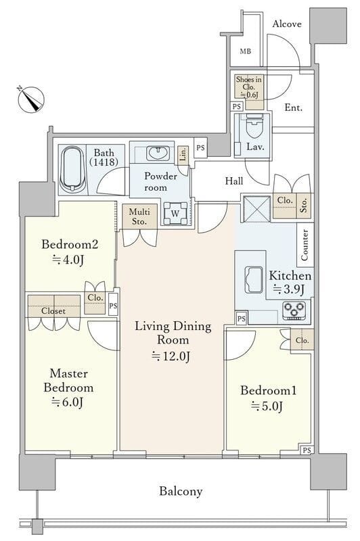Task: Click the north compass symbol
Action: tap(30, 99)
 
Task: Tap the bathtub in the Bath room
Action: tap(72, 168)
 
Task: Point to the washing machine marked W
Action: tap(175, 213)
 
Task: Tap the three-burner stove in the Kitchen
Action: tap(294, 310)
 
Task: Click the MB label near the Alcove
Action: tap(246, 52)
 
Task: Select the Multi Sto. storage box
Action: tap(140, 216)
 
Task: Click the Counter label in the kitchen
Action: tap(305, 245)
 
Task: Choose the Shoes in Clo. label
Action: tap(248, 87)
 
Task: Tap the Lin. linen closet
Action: tap(183, 154)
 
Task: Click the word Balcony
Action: tap(181, 491)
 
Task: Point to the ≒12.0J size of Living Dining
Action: tap(171, 356)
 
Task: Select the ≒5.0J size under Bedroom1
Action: tap(267, 406)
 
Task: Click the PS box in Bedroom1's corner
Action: tap(307, 450)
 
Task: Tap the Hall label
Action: tap(234, 181)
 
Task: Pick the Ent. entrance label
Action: tap(294, 108)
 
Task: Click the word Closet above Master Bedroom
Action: tap(53, 311)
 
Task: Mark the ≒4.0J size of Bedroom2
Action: tap(68, 260)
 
